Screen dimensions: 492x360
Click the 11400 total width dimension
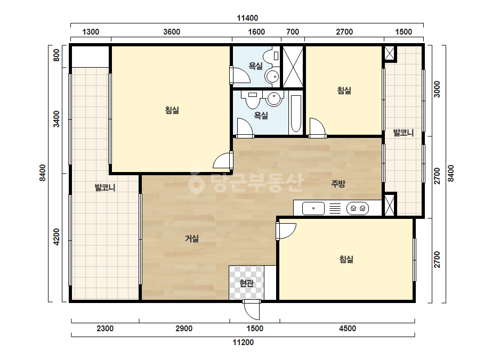tap(247, 18)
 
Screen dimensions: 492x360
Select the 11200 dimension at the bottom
tap(243, 342)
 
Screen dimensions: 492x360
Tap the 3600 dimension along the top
tap(172, 32)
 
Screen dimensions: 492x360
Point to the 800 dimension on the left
tap(57, 55)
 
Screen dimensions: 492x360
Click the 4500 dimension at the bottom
tap(348, 329)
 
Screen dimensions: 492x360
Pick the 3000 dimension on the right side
tap(437, 89)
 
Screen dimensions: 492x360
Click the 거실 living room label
tap(192, 239)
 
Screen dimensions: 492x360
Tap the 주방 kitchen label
tap(338, 184)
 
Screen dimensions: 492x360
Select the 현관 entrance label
tap(246, 283)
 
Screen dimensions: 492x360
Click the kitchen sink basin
tap(313, 209)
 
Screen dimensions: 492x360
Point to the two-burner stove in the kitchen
tap(358, 209)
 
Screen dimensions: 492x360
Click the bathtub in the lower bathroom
tap(296, 113)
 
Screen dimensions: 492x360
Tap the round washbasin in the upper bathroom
tap(272, 76)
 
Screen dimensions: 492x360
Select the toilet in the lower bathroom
tap(253, 100)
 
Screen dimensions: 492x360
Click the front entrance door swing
tap(252, 310)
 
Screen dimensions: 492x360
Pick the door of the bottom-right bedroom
tap(286, 231)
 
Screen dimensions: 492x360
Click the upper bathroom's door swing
tap(239, 75)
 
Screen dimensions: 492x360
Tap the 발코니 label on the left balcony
tap(105, 188)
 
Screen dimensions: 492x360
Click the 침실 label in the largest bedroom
tap(172, 110)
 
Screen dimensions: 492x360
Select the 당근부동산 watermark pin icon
tap(196, 181)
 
